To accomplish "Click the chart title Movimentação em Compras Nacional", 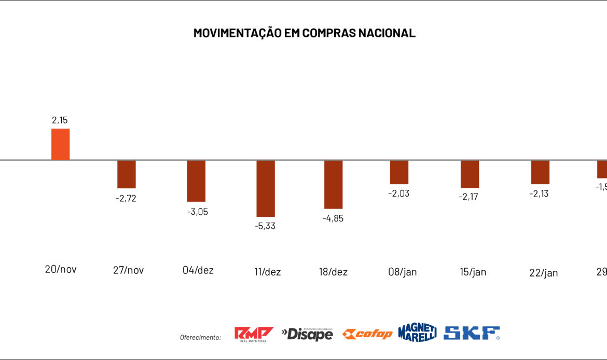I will (x=304, y=33).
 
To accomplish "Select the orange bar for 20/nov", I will (x=60, y=145).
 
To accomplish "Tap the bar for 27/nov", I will (x=126, y=174).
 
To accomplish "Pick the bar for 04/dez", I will (x=196, y=181).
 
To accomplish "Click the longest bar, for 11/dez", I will (x=266, y=188).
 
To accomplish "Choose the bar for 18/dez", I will (x=334, y=185).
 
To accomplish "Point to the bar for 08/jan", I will (x=399, y=172).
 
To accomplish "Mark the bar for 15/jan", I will (x=470, y=174).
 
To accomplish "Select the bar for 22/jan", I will (x=540, y=172).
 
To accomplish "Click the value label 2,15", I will (x=60, y=120).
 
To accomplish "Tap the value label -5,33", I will (x=265, y=226).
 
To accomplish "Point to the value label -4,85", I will (x=333, y=218).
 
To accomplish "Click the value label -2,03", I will (x=399, y=193).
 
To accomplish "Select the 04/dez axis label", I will (x=198, y=270).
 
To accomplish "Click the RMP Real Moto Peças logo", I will (x=254, y=334).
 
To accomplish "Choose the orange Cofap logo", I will (x=367, y=334).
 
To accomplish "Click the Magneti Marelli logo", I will (x=417, y=333).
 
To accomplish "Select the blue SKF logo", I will (x=472, y=333).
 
